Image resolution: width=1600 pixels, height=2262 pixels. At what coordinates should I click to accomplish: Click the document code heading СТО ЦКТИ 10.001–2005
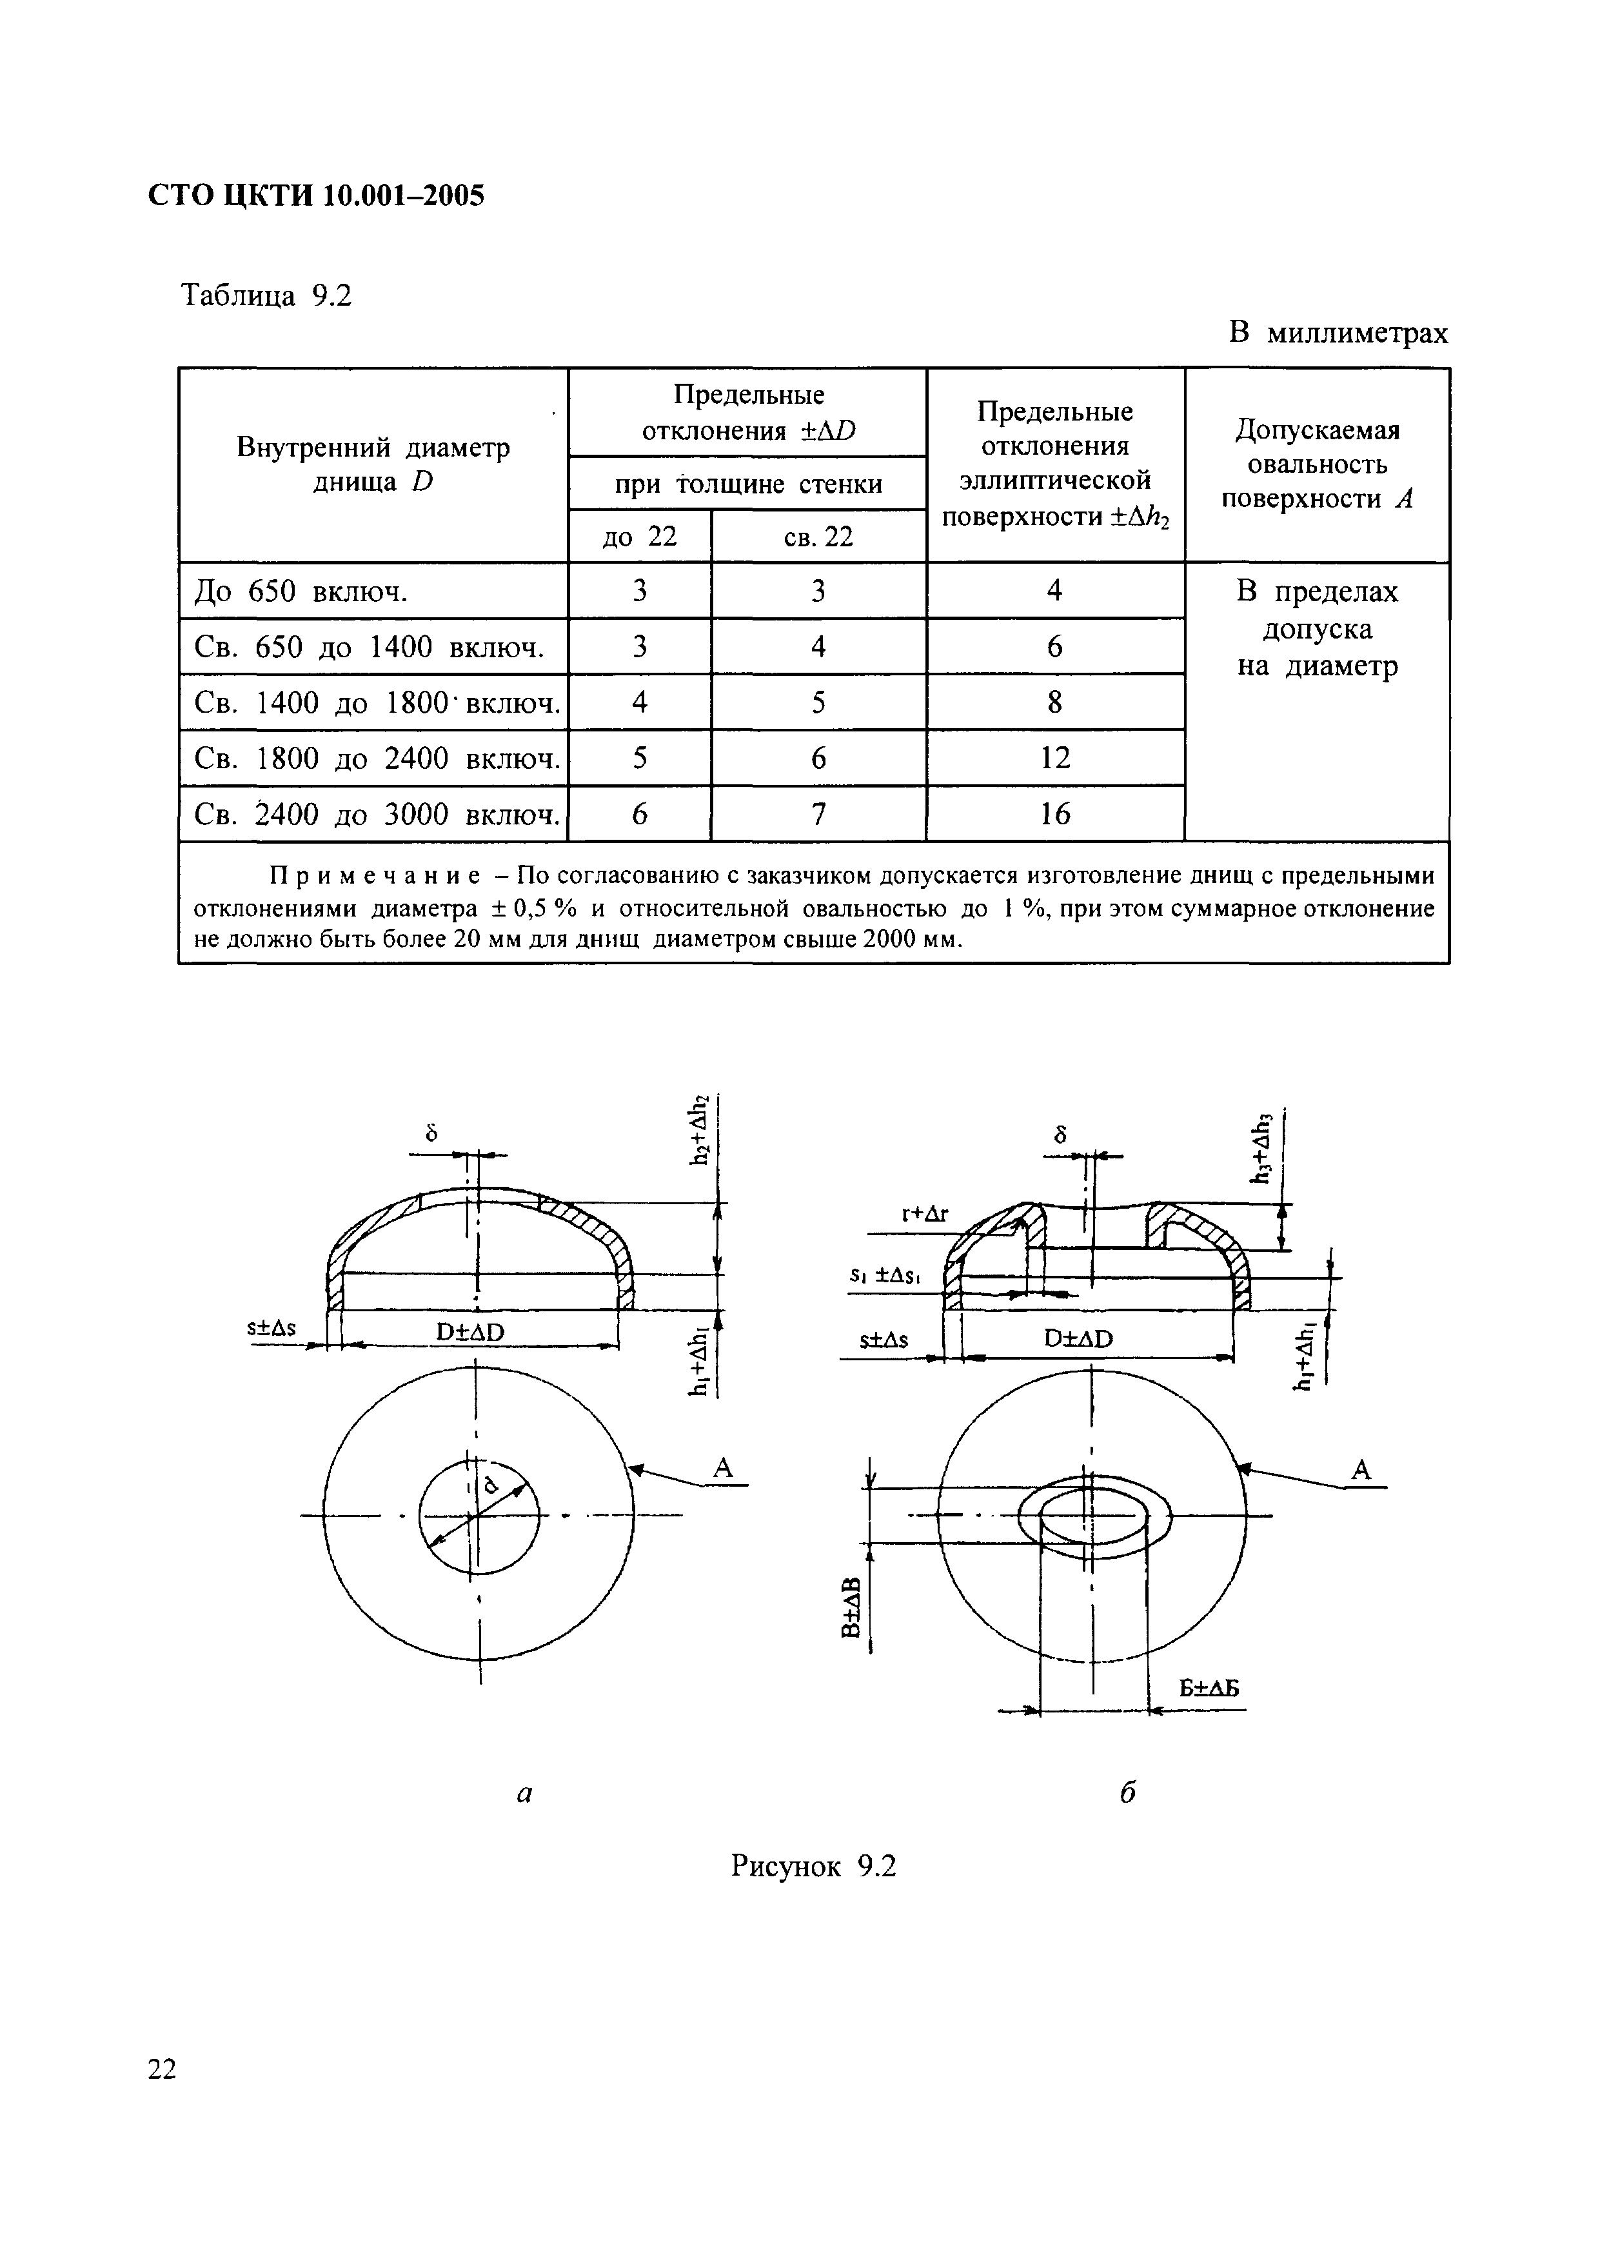click(x=316, y=196)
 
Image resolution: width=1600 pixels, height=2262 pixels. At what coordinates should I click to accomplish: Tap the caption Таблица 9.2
click(x=266, y=295)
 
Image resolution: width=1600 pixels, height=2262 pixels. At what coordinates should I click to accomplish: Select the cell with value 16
click(x=1054, y=814)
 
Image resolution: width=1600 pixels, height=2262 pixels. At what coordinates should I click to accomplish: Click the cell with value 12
click(x=1054, y=758)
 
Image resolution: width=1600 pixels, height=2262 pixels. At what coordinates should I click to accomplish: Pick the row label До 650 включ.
click(x=301, y=591)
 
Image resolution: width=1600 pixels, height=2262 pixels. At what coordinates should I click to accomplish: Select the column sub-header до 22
click(x=639, y=537)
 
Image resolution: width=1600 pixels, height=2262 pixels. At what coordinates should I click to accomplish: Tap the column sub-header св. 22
click(x=818, y=537)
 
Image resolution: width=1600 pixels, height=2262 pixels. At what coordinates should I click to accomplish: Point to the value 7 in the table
click(x=818, y=814)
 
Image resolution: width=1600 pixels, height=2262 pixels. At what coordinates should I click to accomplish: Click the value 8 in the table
click(x=1054, y=702)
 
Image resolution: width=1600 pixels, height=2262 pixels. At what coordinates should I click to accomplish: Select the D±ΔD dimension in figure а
click(x=470, y=1332)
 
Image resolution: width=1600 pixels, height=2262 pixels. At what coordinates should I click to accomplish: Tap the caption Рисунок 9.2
click(x=813, y=1866)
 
